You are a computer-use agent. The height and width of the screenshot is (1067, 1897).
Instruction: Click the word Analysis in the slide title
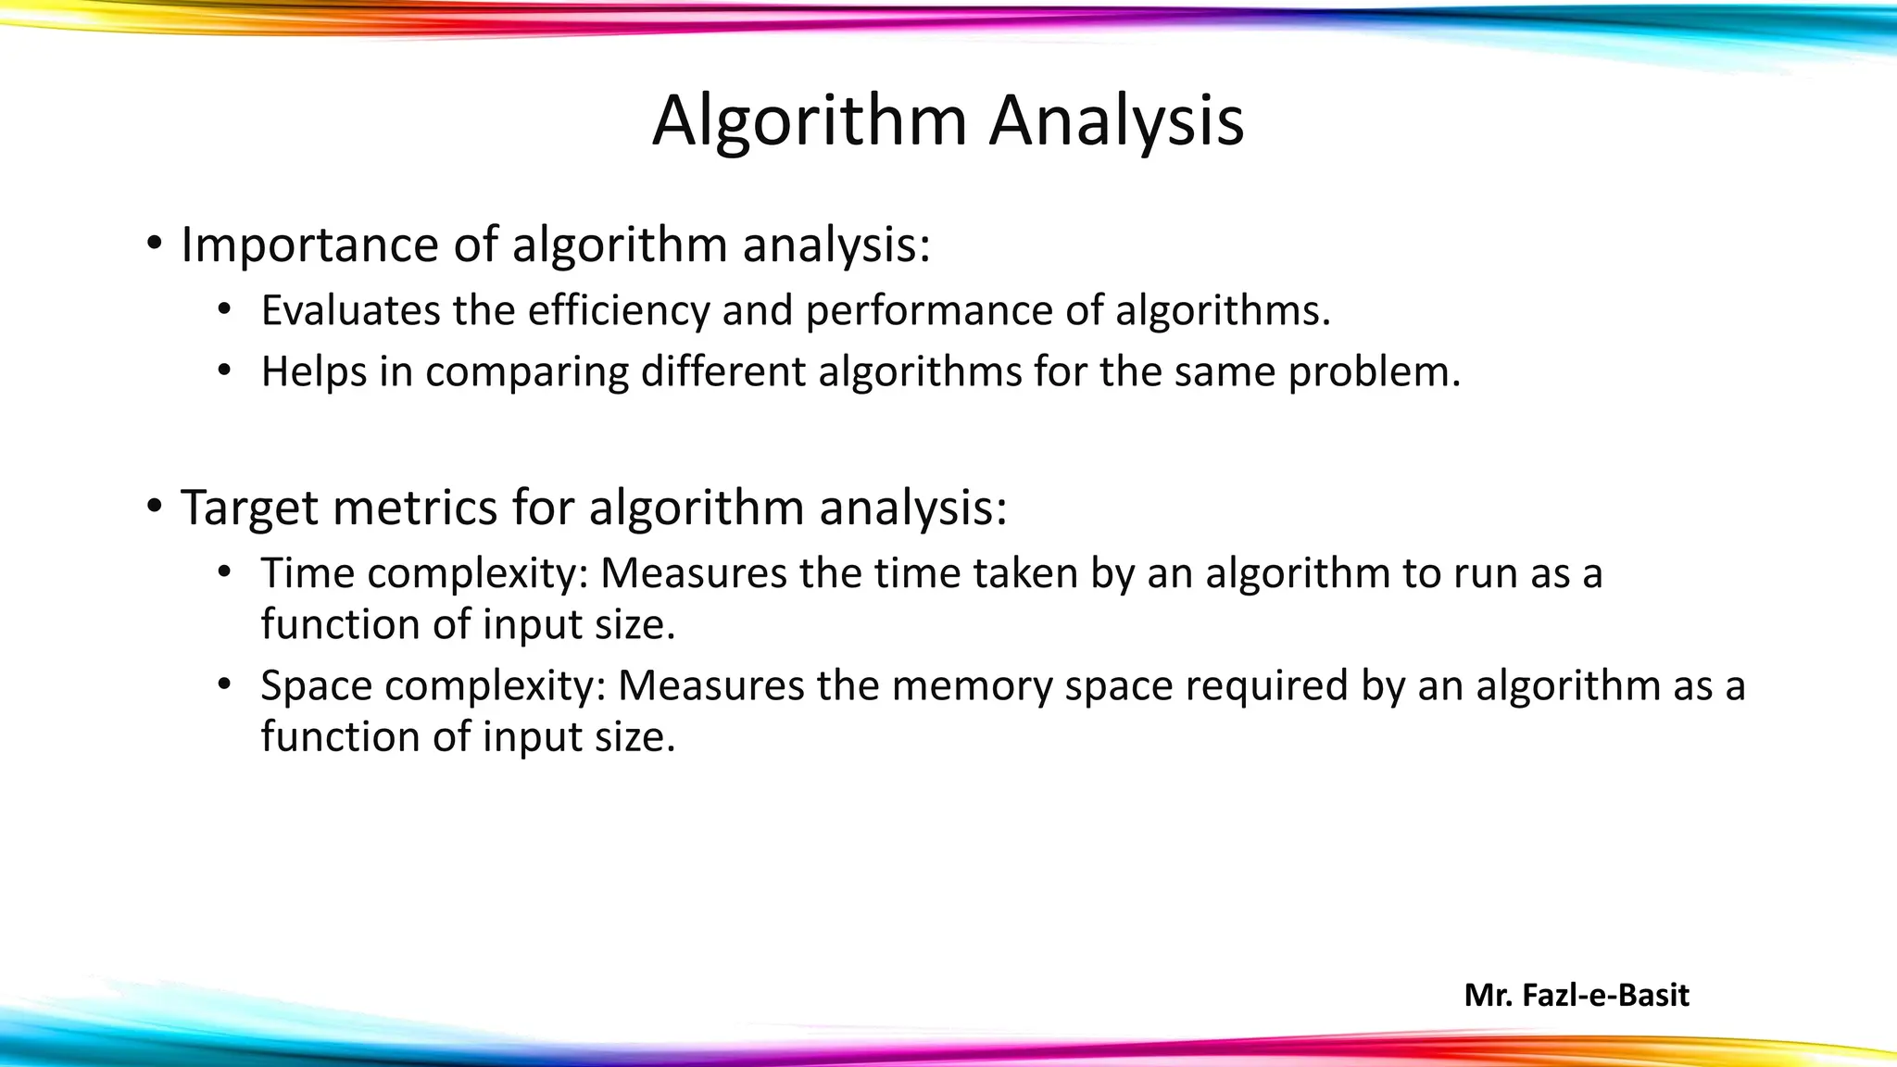[1116, 121]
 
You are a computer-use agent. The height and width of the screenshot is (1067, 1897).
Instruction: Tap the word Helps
[314, 372]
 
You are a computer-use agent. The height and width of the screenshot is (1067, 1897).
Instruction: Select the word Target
[248, 508]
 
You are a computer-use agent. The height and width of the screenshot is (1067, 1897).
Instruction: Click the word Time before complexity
[308, 573]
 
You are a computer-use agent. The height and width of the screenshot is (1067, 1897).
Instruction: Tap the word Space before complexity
[317, 686]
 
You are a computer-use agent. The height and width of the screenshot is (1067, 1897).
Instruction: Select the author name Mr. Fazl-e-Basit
[1577, 996]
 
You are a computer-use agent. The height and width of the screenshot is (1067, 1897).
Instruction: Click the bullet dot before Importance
[154, 245]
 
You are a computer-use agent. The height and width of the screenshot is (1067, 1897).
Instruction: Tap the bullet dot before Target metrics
[154, 508]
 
